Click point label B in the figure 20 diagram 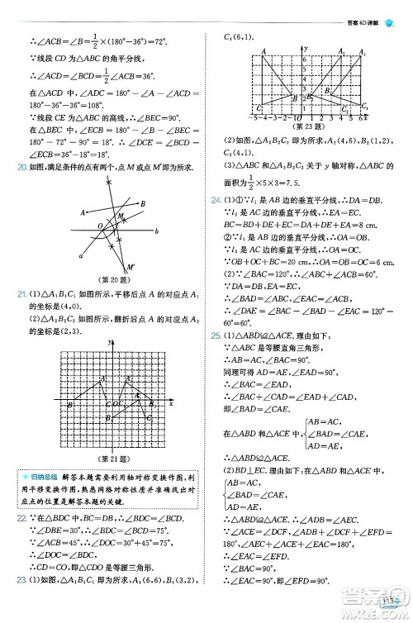(143, 204)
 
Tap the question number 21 (22, 294)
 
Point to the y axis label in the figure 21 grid (108, 342)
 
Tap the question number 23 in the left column (22, 603)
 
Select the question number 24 (216, 200)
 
